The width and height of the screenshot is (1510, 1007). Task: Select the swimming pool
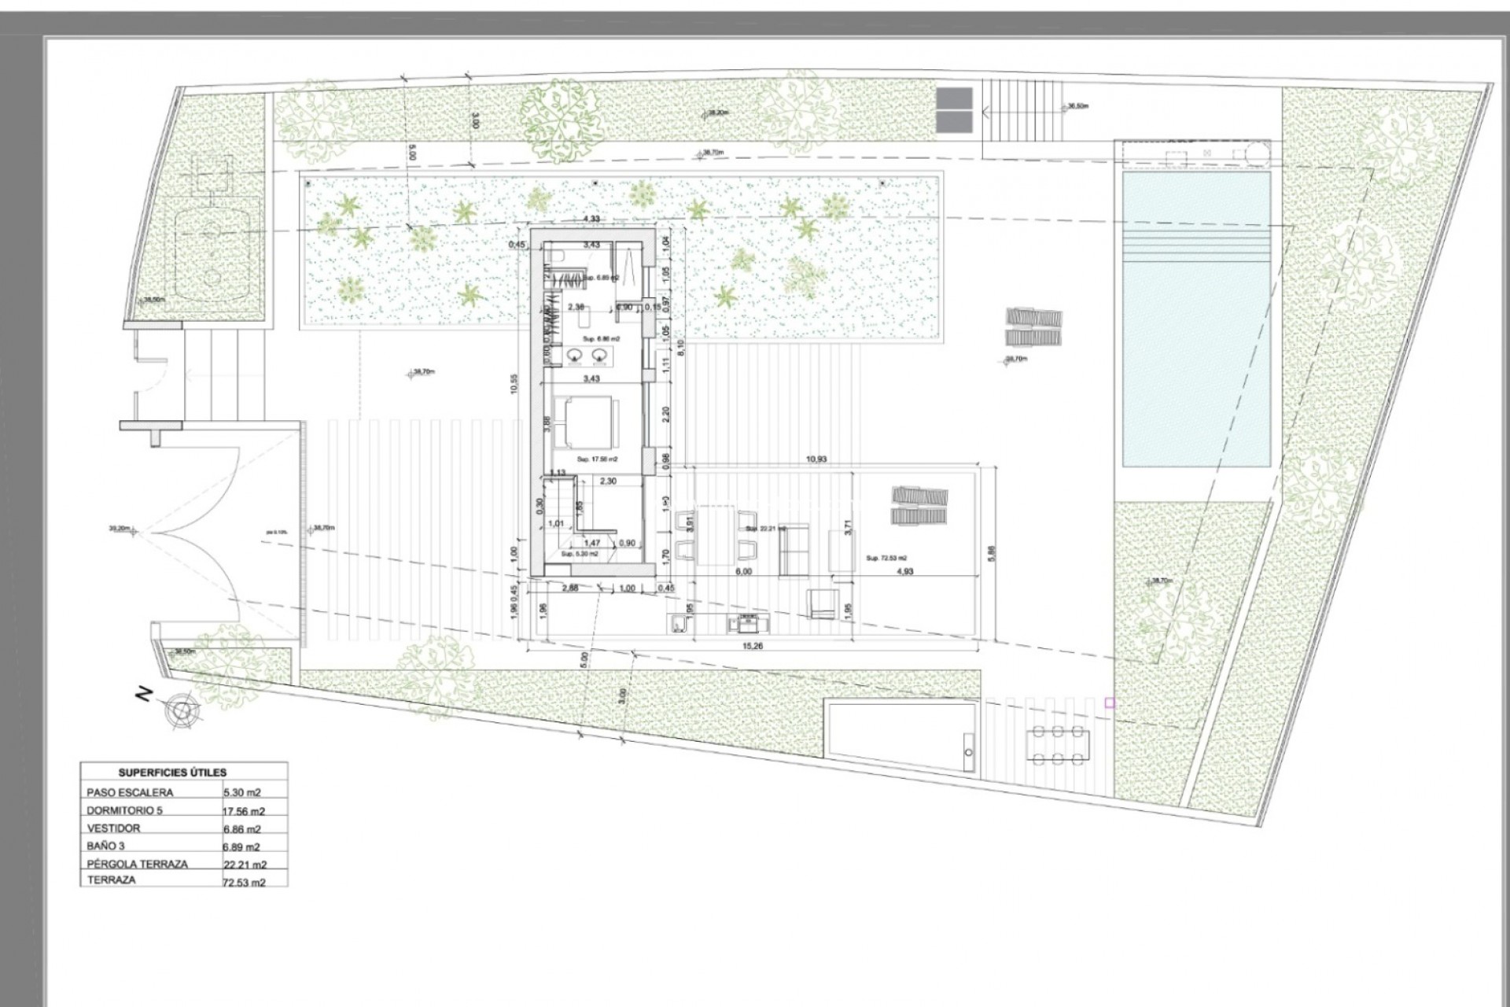click(x=1195, y=319)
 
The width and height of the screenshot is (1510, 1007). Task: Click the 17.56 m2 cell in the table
click(x=244, y=811)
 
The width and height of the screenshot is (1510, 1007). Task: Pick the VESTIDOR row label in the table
click(x=114, y=828)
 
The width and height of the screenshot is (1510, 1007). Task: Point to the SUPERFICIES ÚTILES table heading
click(x=172, y=773)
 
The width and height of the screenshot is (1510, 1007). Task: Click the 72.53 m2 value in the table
click(x=244, y=883)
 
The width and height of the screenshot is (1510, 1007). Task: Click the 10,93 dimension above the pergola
click(x=816, y=459)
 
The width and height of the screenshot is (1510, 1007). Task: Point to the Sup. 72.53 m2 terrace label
click(x=886, y=558)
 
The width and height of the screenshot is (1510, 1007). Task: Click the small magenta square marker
click(x=1110, y=703)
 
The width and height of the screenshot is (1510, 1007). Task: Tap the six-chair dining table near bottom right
click(x=1058, y=745)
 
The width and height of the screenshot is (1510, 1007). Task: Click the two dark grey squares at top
click(x=954, y=110)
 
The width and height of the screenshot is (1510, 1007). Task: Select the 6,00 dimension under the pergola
click(x=743, y=572)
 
